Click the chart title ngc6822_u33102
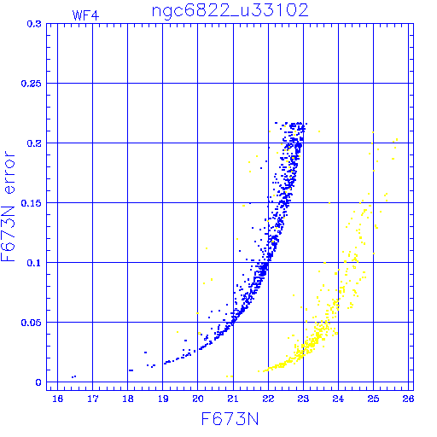tap(230, 11)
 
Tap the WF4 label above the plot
tap(85, 15)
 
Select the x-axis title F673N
tap(230, 419)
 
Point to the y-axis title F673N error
tap(9, 207)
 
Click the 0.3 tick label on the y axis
tap(34, 24)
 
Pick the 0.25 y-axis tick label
tap(32, 84)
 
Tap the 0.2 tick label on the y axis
tap(34, 143)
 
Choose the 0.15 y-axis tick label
tap(32, 203)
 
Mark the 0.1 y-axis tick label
tap(34, 263)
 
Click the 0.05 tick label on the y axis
tap(32, 323)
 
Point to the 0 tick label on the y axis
tap(38, 382)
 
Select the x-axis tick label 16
tap(58, 399)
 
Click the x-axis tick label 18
tap(128, 399)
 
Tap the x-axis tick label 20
tap(198, 399)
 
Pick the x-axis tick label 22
tap(268, 399)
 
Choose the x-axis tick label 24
tap(338, 399)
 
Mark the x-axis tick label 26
tap(408, 399)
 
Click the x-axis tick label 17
tap(93, 399)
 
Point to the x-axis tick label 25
tap(373, 399)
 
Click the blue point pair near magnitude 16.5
tap(73, 376)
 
